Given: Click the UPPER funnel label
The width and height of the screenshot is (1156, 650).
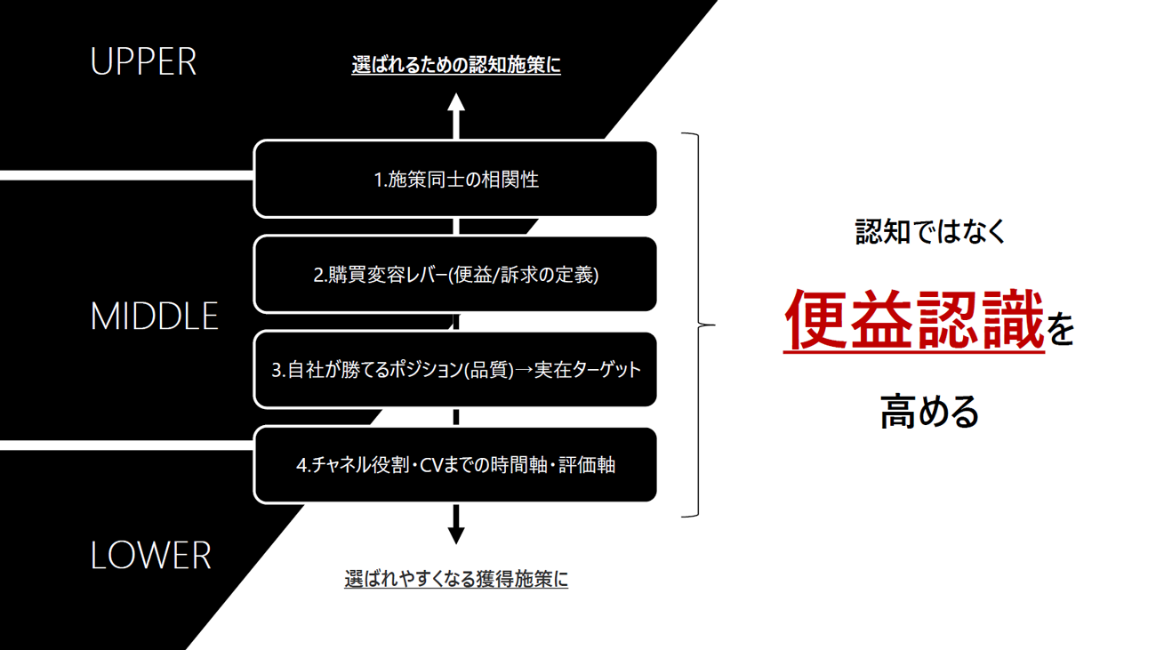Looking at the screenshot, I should (143, 61).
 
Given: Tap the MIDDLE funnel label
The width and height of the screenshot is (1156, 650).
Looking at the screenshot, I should (154, 317).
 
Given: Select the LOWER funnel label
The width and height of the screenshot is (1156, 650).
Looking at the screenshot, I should (150, 556).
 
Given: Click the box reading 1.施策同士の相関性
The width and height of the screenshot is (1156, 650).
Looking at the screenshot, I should (455, 179).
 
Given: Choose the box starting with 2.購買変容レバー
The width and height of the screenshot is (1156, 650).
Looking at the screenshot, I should (455, 275).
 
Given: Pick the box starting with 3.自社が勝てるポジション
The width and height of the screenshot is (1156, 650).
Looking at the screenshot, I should (455, 370).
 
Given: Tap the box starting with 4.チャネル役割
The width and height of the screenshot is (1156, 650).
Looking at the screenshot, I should (455, 465).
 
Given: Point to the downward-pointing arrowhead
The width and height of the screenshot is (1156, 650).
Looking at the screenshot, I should (456, 534).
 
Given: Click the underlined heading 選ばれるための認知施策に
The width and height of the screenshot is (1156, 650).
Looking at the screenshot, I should (456, 65).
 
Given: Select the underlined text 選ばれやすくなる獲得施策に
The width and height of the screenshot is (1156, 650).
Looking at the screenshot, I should (456, 579).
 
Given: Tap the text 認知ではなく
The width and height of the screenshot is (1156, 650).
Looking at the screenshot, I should (931, 231).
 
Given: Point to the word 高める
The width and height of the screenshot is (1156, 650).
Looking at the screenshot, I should (930, 413).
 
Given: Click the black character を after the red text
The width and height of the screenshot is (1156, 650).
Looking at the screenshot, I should (1061, 330).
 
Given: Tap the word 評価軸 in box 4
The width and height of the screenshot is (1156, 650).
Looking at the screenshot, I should (587, 465).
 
